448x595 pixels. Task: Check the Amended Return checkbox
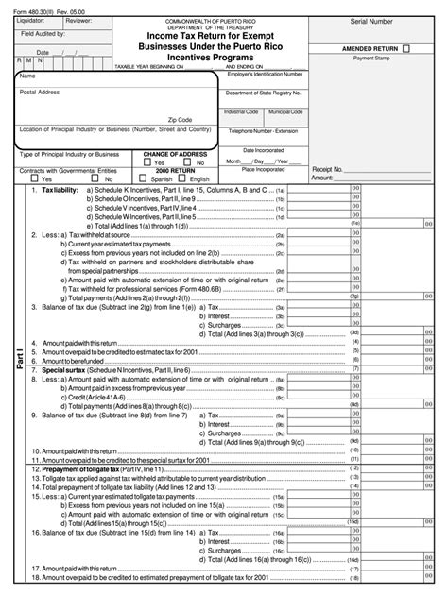point(406,45)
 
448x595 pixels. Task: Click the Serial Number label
point(371,20)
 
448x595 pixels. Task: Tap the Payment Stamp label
point(371,58)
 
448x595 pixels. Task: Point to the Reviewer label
point(79,20)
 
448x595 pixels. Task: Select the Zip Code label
point(180,120)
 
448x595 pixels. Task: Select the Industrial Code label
point(241,111)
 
